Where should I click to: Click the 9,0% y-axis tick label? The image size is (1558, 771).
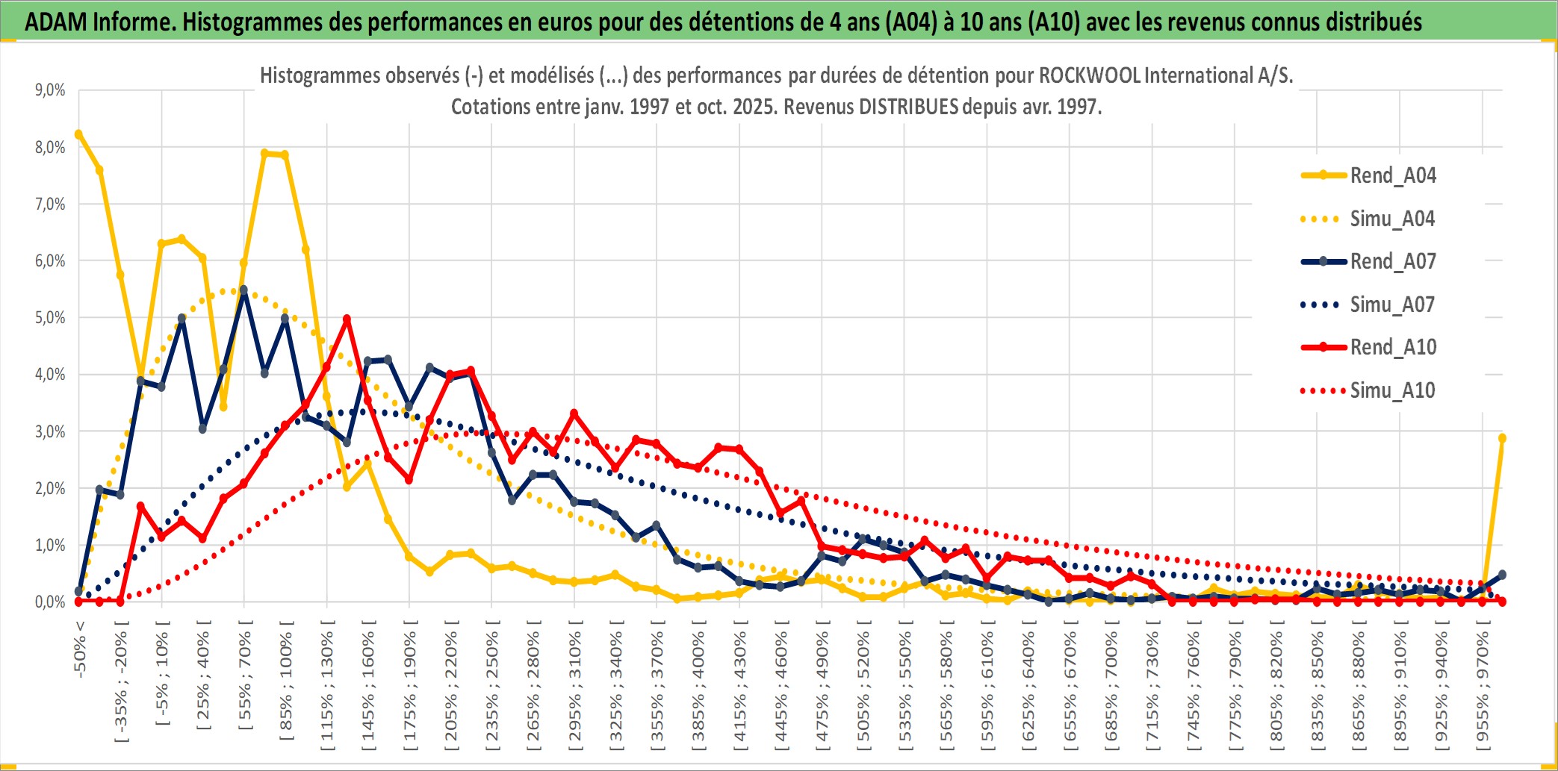click(50, 90)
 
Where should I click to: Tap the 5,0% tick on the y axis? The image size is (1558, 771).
click(50, 318)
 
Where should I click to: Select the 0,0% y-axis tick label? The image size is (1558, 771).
click(50, 602)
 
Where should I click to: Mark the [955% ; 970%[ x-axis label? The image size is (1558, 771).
click(1483, 690)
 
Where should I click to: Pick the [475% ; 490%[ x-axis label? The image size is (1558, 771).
click(822, 690)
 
